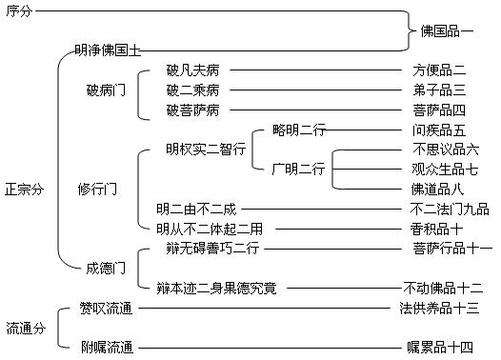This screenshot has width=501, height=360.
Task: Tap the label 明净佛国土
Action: [108, 49]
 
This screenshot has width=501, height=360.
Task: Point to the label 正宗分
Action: [25, 190]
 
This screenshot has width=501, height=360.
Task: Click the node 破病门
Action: [105, 90]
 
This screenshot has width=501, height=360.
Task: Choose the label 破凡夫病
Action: [192, 70]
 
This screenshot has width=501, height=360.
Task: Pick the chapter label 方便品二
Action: [439, 70]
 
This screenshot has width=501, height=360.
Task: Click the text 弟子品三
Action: [439, 90]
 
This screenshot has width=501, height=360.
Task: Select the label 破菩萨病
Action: [192, 110]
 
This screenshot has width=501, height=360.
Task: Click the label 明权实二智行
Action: [205, 150]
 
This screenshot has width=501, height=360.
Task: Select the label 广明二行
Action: [297, 170]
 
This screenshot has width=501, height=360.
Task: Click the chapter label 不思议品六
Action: [446, 150]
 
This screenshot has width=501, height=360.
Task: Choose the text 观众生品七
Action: [446, 170]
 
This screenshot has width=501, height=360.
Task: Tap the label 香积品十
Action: [436, 229]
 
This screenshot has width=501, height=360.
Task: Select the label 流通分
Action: [25, 328]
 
